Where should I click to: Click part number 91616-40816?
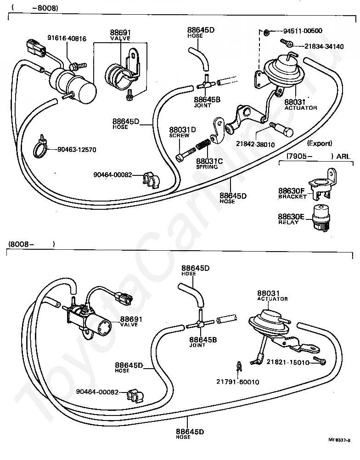(x=67, y=39)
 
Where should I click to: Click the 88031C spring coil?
(x=202, y=147)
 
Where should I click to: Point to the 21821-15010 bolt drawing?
(x=319, y=361)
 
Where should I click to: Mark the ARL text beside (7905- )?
(x=343, y=157)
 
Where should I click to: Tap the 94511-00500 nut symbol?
(x=267, y=32)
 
